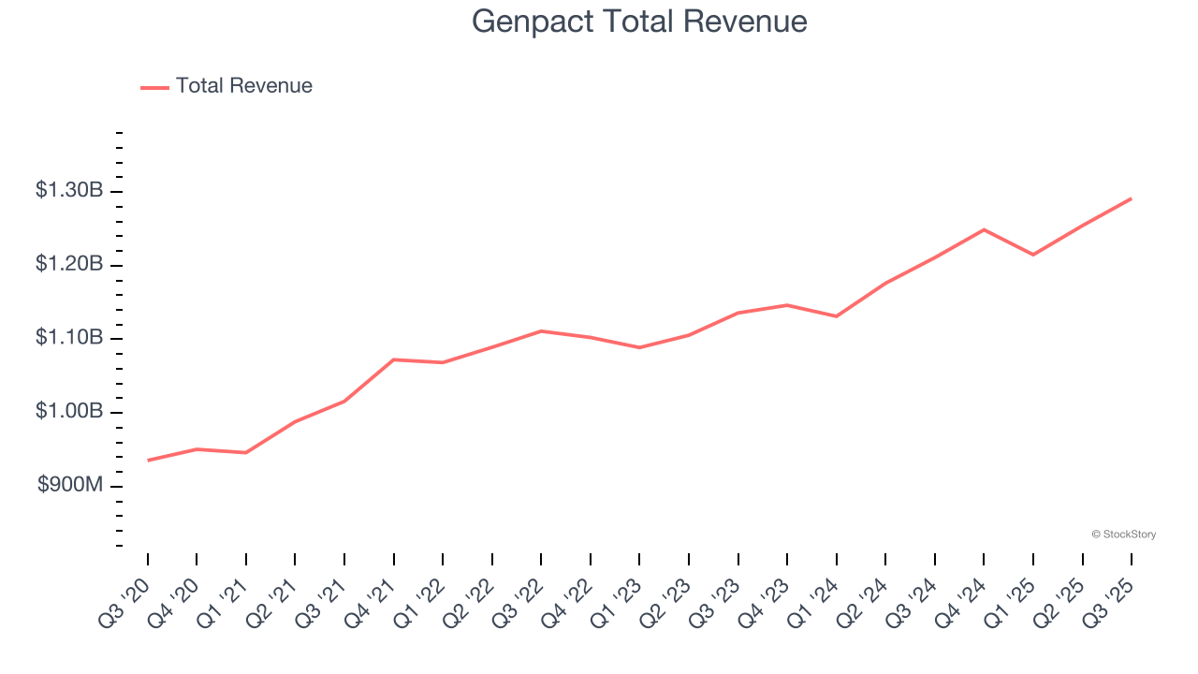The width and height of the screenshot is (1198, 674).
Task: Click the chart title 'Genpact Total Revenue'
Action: coord(639,21)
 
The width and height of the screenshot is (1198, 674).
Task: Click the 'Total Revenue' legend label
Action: coord(243,86)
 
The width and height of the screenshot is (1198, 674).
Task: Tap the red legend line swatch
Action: coord(154,87)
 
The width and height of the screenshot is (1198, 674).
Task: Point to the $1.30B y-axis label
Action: coord(69,191)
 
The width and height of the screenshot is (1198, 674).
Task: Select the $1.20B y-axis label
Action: coord(69,265)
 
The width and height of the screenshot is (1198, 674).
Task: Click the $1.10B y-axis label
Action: coord(69,338)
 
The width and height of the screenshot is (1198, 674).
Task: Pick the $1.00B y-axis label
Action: coord(69,412)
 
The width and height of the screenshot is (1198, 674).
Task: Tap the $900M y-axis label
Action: coord(70,485)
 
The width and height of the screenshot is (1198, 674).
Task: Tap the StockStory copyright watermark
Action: coord(1123,535)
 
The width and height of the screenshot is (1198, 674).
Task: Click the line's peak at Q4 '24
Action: coord(984,229)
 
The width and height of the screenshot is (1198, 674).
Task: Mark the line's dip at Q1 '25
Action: coord(1033,255)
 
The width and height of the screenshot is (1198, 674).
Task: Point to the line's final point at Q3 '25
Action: coord(1131,198)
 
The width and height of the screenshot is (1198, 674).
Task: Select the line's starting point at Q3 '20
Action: coord(148,461)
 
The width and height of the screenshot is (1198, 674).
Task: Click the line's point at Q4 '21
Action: coord(394,359)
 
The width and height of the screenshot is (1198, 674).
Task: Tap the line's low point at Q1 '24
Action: coord(836,316)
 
